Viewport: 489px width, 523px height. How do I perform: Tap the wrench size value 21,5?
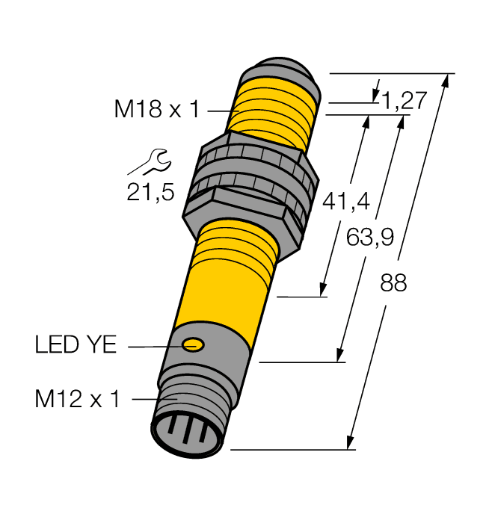point(150,194)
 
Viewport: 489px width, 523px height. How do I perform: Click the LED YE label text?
point(76,346)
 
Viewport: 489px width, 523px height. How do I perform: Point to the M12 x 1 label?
point(78,400)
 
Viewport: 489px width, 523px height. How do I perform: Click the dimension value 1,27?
point(404,101)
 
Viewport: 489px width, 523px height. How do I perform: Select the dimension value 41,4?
point(343,200)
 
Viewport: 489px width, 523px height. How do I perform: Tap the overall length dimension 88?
point(393,284)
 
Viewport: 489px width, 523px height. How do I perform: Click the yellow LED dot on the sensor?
point(194,344)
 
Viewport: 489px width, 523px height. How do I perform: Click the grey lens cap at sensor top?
point(280,71)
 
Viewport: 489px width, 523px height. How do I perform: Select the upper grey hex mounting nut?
point(254,160)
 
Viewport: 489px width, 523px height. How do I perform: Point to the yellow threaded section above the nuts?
point(273,108)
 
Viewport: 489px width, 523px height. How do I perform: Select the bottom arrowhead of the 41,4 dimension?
point(325,290)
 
